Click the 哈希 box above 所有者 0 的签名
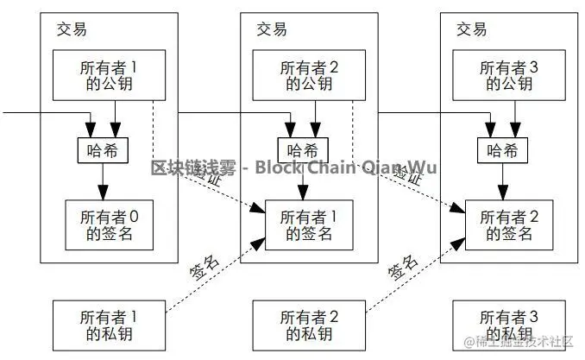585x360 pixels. pos(103,150)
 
